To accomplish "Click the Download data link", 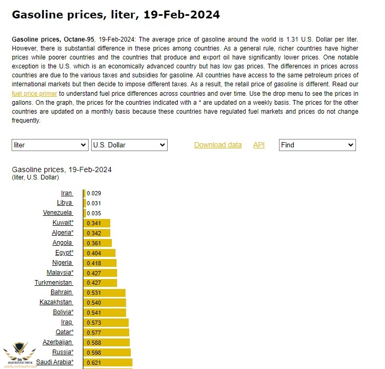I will coord(218,145).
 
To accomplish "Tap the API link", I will coord(258,145).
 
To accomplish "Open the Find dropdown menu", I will coord(317,145).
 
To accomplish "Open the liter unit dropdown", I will coord(50,145).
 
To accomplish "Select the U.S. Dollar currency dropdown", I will coord(129,145).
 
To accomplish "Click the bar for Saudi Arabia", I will coord(108,362).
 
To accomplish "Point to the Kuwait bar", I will coord(97,223).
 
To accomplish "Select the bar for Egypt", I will coord(99,253).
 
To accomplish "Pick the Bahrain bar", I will coord(104,293).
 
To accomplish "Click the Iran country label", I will coord(66,193).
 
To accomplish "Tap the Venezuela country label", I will coord(57,213).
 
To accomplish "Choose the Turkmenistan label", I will coord(53,283).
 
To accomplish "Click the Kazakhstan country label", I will coord(56,302).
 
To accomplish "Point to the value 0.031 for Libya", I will coord(93,203).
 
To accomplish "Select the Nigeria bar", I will coord(100,263).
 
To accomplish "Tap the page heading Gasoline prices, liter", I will coord(115,15).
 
